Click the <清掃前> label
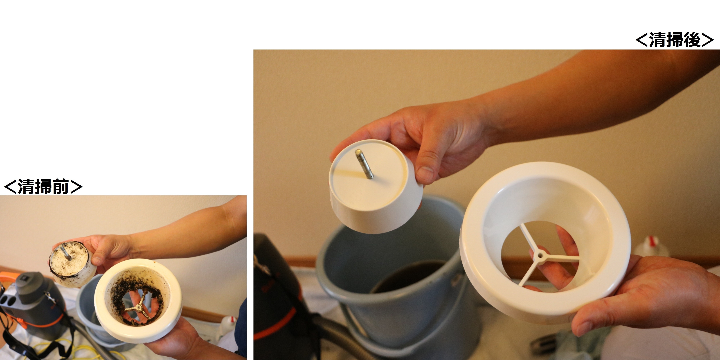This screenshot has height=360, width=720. (43, 187)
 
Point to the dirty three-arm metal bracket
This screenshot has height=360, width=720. (138, 307)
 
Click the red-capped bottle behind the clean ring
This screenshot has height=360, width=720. (651, 248)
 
